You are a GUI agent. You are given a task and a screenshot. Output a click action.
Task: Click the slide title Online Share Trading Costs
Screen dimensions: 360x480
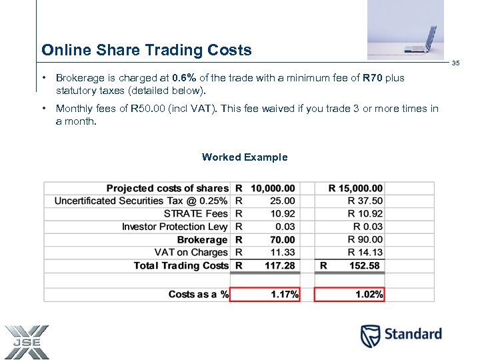click(147, 50)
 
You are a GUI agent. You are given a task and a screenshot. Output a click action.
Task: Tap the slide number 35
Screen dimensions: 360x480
click(456, 63)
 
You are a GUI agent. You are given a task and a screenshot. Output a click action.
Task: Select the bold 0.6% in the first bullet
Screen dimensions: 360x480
click(183, 78)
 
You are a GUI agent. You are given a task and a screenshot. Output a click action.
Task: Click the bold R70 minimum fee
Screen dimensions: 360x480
click(373, 78)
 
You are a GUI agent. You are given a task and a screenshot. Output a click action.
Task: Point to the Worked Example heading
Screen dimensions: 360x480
click(245, 157)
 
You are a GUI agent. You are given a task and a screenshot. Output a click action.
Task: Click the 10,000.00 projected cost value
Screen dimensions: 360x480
click(273, 189)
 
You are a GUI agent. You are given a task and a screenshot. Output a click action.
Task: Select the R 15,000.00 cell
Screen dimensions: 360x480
click(355, 189)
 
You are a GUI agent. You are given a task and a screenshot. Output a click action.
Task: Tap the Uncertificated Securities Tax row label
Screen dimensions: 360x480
click(141, 201)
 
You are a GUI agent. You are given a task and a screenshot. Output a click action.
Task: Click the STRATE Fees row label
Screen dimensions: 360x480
click(195, 214)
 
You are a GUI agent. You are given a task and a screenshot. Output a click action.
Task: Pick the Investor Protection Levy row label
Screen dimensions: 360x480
click(175, 227)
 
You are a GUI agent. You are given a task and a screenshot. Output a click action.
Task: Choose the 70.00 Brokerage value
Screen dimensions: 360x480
click(282, 240)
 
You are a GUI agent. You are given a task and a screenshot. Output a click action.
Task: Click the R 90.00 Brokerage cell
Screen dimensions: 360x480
click(365, 240)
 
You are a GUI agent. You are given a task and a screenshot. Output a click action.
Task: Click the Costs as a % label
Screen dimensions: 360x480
click(198, 294)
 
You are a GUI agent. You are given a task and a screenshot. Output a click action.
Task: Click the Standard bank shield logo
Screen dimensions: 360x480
click(371, 336)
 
